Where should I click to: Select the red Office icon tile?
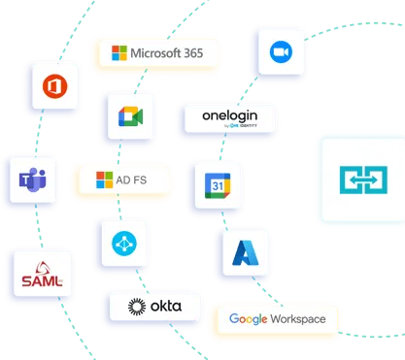pyautogui.click(x=53, y=90)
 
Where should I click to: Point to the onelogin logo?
pyautogui.click(x=230, y=119)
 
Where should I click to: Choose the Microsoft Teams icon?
pyautogui.click(x=26, y=180)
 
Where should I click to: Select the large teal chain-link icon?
pyautogui.click(x=361, y=180)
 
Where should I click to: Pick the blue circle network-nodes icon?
pyautogui.click(x=123, y=244)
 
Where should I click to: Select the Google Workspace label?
pyautogui.click(x=277, y=318)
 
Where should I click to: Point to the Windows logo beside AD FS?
pyautogui.click(x=104, y=180)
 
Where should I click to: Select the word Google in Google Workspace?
pyautogui.click(x=247, y=318)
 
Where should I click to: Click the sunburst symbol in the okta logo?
pyautogui.click(x=136, y=309)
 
